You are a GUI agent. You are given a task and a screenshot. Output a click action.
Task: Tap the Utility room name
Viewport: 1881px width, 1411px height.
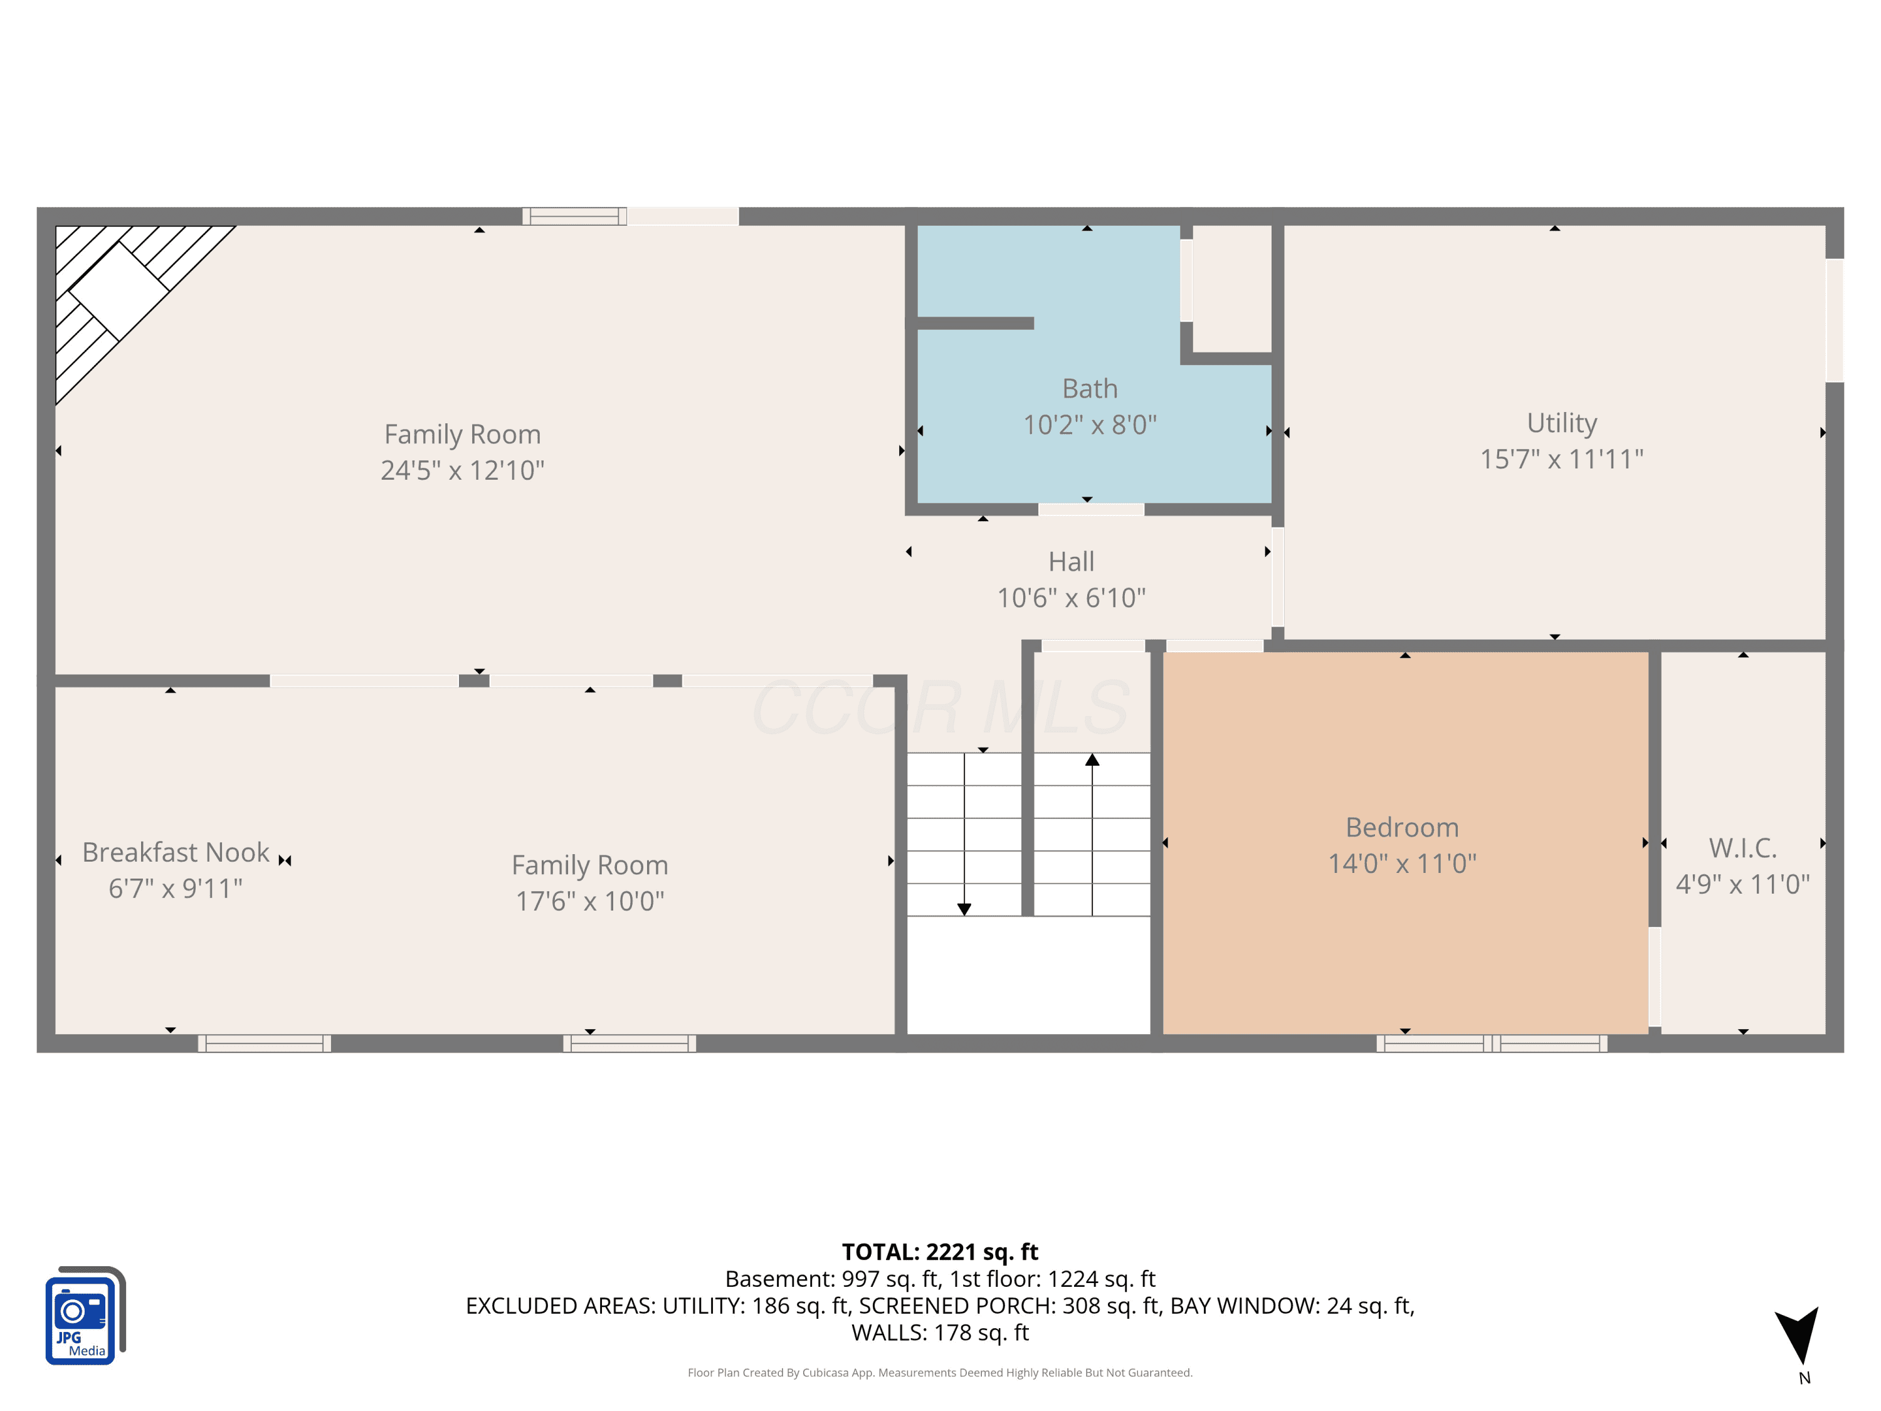[1561, 423]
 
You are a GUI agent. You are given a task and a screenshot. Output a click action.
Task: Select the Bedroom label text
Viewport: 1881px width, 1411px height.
[1402, 828]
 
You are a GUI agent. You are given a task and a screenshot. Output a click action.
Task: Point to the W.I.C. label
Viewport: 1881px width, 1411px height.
[1742, 848]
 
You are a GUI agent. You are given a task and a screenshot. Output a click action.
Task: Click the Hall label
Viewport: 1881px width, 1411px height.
[1071, 561]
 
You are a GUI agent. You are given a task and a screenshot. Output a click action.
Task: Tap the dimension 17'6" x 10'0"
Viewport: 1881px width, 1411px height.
[589, 901]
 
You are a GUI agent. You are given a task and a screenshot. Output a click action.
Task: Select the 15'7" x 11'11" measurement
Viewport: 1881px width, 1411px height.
[1561, 459]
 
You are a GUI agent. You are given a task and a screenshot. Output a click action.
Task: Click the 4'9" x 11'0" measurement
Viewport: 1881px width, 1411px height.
[1742, 884]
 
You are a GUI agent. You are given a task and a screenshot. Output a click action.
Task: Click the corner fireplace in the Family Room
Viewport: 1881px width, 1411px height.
[119, 289]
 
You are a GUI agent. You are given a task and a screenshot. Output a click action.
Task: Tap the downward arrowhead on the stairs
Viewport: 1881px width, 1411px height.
[964, 909]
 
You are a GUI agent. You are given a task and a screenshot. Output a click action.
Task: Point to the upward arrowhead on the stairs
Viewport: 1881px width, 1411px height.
[1092, 759]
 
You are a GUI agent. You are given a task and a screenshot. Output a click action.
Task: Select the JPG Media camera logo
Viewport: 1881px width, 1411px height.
[85, 1315]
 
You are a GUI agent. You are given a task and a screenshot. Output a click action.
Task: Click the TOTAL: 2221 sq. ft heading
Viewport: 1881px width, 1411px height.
[940, 1252]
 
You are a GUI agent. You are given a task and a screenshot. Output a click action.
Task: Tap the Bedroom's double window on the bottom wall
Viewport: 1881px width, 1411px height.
[1492, 1044]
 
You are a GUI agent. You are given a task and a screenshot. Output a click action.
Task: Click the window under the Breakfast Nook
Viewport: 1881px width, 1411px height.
[265, 1044]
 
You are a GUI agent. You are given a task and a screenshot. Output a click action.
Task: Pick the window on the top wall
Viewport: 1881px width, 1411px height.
[575, 216]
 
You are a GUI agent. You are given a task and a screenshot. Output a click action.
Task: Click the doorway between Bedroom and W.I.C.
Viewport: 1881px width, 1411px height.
[1655, 976]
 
